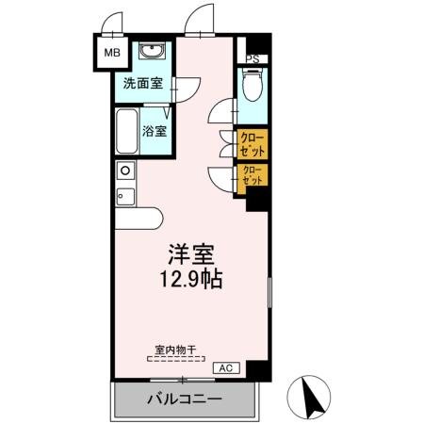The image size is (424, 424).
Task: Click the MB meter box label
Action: tap(110, 53)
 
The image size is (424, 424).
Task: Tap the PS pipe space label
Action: tap(252, 57)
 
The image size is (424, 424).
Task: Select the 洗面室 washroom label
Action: tap(142, 83)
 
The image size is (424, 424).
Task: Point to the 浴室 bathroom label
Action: tap(155, 131)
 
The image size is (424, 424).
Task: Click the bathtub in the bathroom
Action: tap(125, 133)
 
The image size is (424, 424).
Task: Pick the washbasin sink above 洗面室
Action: tap(152, 51)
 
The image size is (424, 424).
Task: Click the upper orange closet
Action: tap(252, 144)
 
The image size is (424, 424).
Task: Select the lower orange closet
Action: tap(252, 175)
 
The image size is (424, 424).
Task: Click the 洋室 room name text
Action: tap(191, 254)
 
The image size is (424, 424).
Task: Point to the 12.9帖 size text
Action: tap(191, 280)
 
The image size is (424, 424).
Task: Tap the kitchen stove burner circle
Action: tap(123, 171)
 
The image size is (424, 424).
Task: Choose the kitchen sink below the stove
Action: tap(123, 197)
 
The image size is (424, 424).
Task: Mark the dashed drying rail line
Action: tap(175, 358)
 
